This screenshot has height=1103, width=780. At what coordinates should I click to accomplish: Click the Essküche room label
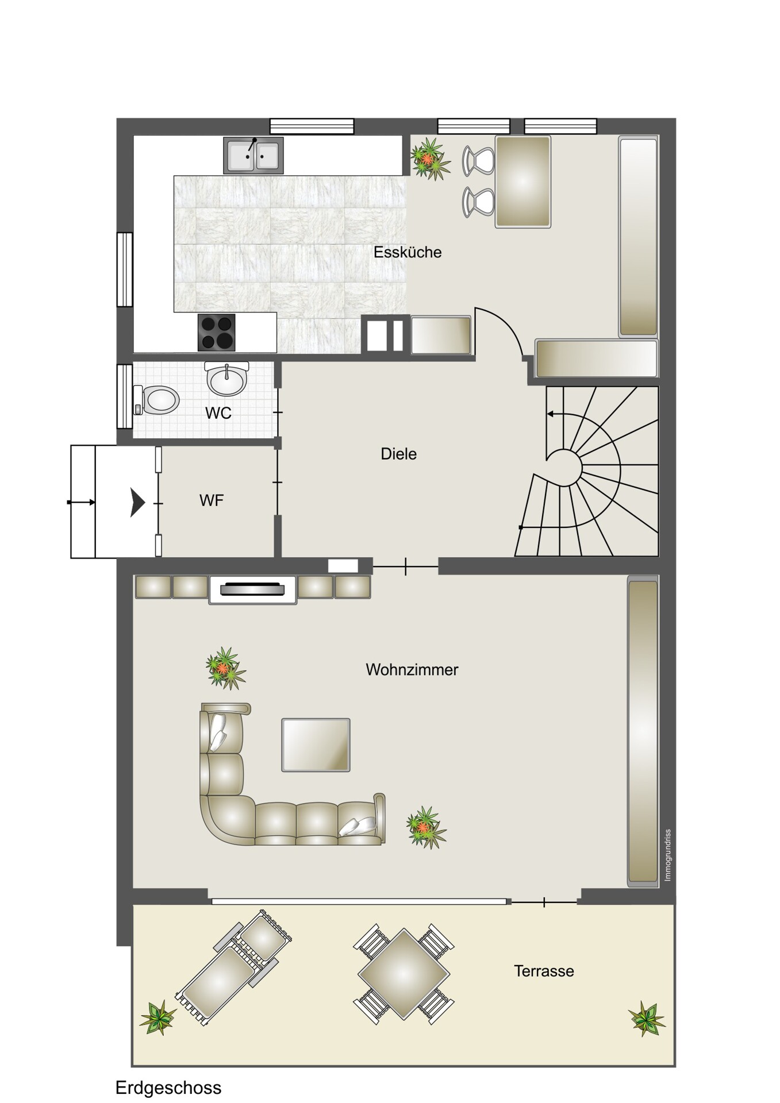[408, 252]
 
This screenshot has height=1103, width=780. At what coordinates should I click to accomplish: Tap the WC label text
[218, 413]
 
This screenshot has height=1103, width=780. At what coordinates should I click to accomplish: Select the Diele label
[399, 454]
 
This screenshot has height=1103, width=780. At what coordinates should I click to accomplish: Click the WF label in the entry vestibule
[212, 500]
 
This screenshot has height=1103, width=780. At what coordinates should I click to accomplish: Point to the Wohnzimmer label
[412, 670]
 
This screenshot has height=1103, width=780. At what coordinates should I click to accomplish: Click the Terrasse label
[544, 971]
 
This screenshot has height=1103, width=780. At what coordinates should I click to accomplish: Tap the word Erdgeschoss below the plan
[168, 1088]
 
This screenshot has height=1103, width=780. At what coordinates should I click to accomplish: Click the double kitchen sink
[253, 155]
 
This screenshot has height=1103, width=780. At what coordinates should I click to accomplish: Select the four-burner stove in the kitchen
[217, 332]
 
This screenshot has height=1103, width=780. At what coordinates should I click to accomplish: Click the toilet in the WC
[156, 399]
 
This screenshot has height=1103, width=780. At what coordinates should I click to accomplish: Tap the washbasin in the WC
[227, 379]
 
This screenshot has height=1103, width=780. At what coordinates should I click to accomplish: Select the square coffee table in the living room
[316, 745]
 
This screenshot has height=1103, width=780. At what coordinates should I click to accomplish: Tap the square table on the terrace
[404, 974]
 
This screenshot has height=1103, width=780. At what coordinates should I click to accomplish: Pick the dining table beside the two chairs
[523, 182]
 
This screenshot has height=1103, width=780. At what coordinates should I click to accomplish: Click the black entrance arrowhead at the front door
[137, 503]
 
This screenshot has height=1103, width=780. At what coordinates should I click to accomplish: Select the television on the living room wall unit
[253, 589]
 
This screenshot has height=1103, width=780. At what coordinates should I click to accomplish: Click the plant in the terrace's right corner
[647, 1019]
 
